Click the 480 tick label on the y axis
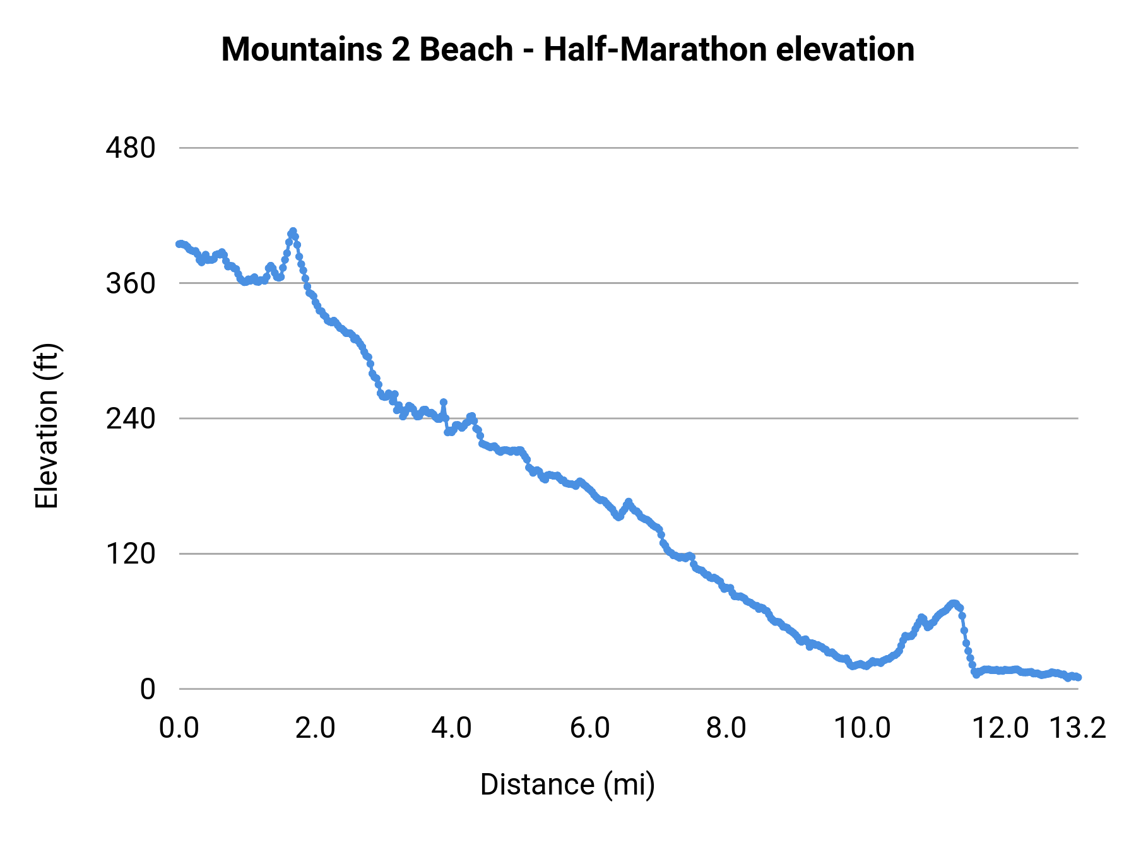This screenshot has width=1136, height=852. pos(131,148)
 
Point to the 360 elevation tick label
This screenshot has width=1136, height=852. pos(131,283)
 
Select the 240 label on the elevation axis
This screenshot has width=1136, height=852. pos(131,418)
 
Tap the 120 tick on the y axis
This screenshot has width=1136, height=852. pos(131,554)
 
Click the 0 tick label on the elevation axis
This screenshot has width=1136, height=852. pos(147,689)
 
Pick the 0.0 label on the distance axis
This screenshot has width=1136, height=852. pos(179,728)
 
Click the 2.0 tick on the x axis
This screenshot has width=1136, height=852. pos(316,728)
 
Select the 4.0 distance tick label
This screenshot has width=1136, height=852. pos(452,728)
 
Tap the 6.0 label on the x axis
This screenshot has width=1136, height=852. pos(589,728)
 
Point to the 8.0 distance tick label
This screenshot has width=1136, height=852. pos(726,728)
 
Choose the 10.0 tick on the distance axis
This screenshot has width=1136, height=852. pos(862,728)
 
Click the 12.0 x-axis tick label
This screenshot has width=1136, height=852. pos(1000,728)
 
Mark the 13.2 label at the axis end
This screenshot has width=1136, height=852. pos(1078,728)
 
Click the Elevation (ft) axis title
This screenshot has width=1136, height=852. pos(47,426)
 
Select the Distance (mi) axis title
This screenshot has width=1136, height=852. pos(567,784)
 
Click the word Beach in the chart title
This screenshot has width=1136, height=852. pos(466,49)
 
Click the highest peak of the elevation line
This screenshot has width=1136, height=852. pos(293,232)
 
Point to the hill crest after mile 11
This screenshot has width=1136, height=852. pos(954,603)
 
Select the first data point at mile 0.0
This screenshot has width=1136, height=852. pos(179,244)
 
